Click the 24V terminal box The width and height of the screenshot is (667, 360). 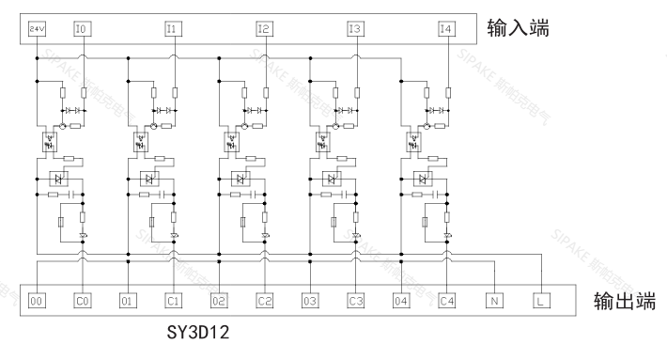[37, 30]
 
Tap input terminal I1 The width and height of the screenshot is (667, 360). [171, 30]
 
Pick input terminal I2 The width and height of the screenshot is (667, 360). [262, 30]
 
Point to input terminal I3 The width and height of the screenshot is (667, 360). [353, 30]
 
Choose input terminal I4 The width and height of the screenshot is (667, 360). [444, 30]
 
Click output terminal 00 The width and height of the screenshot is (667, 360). [37, 302]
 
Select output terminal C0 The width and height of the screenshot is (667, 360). [82, 302]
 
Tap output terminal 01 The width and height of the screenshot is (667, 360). [128, 302]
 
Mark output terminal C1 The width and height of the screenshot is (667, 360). [173, 302]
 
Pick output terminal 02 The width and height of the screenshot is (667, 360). [219, 302]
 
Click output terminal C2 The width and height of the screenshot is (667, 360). [264, 302]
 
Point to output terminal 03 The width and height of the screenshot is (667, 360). [310, 302]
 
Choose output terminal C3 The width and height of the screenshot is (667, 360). [355, 302]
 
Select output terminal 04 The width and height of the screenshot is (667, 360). [401, 302]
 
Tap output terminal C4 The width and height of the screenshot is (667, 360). [446, 302]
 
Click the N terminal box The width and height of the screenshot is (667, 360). [492, 302]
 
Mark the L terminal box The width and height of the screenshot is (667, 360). [542, 302]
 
